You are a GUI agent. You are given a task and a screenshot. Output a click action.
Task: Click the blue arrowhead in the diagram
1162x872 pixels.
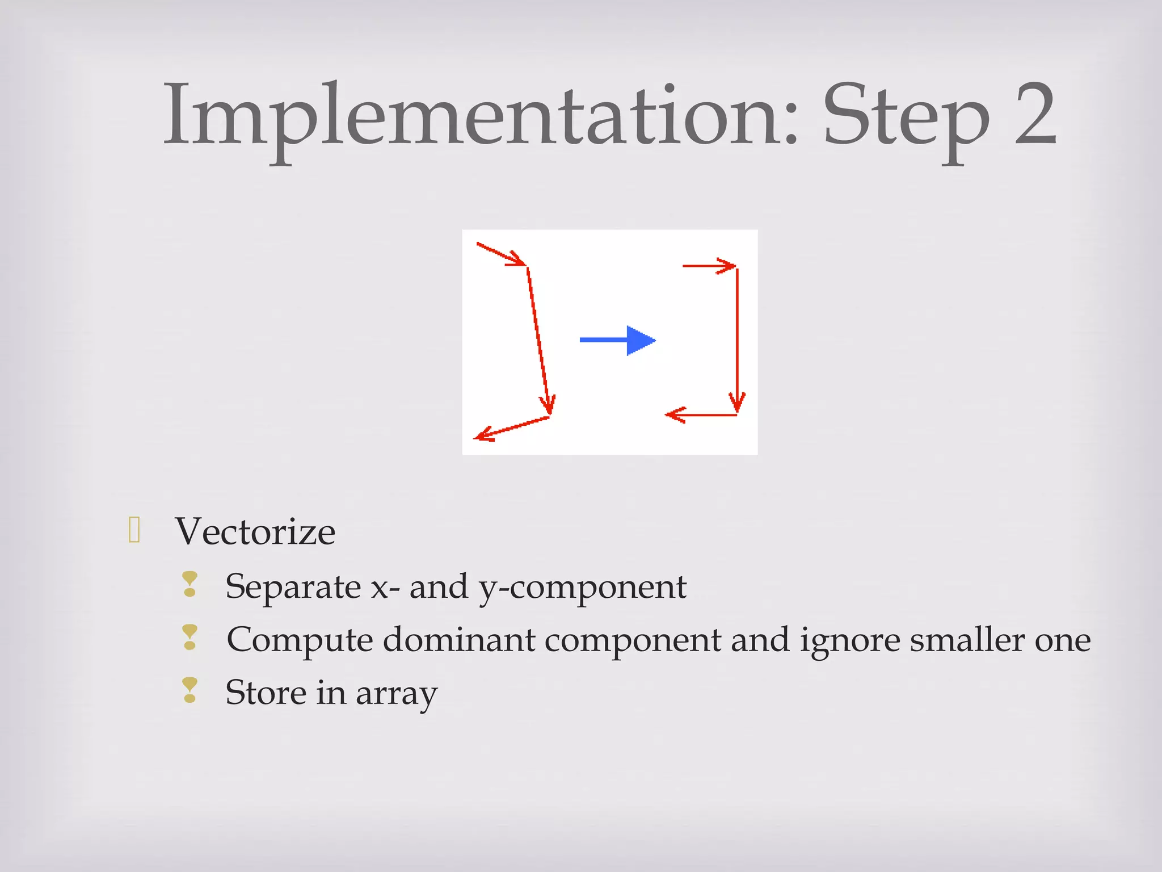point(640,341)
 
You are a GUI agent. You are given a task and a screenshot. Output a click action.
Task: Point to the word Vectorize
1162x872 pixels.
point(255,532)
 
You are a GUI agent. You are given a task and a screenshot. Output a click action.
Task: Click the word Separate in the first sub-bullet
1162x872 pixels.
point(293,586)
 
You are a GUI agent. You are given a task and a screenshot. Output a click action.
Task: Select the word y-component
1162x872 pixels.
point(582,588)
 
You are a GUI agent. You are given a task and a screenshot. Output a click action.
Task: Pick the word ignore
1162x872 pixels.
point(849,642)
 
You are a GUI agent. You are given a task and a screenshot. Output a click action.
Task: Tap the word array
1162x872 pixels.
point(397,695)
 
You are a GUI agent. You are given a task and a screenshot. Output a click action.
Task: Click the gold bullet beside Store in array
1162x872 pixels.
point(190,690)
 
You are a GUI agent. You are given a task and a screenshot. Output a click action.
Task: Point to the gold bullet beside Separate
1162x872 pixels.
point(190,584)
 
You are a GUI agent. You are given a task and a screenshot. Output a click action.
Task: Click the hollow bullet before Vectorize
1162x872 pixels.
point(134,530)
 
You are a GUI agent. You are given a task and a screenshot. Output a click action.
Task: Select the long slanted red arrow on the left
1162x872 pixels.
point(538,341)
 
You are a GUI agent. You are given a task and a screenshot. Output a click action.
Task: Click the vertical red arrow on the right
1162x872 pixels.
point(737,341)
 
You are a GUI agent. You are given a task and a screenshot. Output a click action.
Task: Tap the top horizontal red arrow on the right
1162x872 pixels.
point(709,266)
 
